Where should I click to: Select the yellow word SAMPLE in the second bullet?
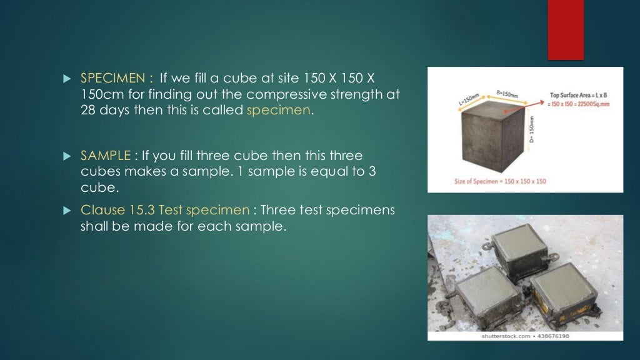pyautogui.click(x=104, y=155)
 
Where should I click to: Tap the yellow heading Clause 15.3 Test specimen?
pyautogui.click(x=165, y=210)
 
